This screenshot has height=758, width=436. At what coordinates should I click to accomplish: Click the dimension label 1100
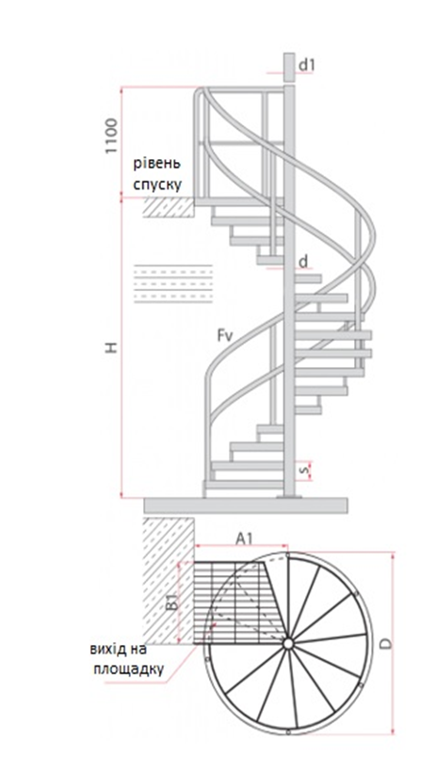112,136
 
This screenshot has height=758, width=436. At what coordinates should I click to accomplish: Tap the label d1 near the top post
306,65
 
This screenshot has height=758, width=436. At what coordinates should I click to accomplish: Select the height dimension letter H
112,347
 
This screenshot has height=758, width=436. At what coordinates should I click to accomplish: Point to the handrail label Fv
225,335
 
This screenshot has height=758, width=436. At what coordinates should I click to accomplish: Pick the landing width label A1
244,539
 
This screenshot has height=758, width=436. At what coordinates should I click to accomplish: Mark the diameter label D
386,643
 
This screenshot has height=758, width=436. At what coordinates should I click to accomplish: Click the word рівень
157,164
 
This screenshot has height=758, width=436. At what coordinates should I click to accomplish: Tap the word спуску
157,185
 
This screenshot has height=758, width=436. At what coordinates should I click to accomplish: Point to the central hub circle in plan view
287,644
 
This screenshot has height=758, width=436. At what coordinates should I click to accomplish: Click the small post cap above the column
289,67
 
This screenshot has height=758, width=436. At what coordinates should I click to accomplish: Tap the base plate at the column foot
288,496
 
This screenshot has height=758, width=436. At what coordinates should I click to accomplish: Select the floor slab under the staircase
246,506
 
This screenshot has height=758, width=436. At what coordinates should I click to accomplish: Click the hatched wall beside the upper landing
169,208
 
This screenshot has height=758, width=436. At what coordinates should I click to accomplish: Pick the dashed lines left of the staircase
173,283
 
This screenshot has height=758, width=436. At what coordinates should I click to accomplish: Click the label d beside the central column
303,262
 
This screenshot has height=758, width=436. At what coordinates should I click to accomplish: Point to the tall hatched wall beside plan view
169,581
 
